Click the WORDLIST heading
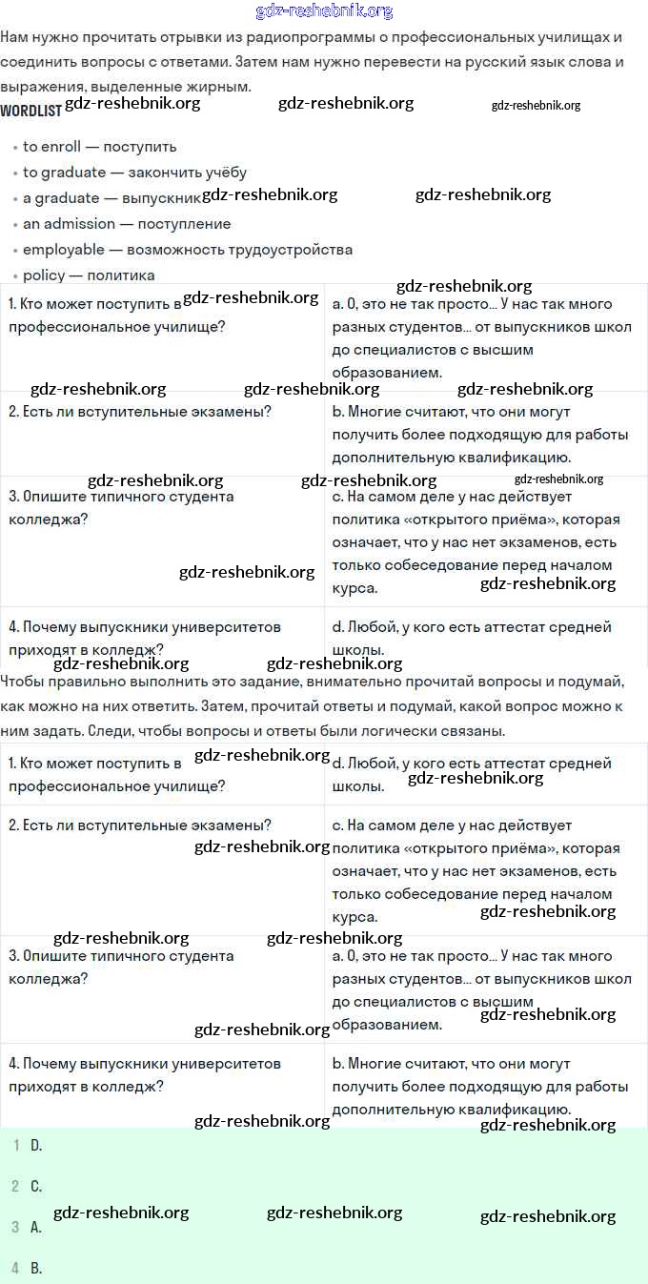[x=30, y=111]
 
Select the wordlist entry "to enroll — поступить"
[x=99, y=147]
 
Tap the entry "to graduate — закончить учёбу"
[x=134, y=173]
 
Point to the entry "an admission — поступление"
[x=127, y=224]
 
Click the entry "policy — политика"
[x=89, y=275]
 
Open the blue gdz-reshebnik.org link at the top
[x=324, y=11]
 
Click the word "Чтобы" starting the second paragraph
[x=23, y=683]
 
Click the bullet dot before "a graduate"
[x=16, y=199]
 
